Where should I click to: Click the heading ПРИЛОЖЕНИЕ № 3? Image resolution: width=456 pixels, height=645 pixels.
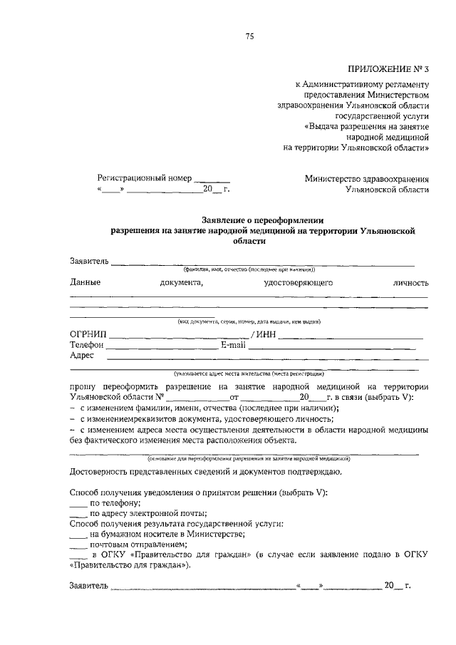pyautogui.click(x=389, y=69)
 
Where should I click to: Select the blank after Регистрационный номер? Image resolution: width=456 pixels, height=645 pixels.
pyautogui.click(x=212, y=180)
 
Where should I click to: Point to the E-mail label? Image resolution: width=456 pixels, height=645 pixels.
pyautogui.click(x=233, y=344)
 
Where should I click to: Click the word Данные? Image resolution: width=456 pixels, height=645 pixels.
pyautogui.click(x=85, y=283)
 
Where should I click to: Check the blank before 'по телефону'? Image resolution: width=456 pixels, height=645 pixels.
pyautogui.click(x=78, y=503)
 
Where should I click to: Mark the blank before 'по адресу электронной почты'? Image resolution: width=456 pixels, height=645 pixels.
pyautogui.click(x=78, y=514)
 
